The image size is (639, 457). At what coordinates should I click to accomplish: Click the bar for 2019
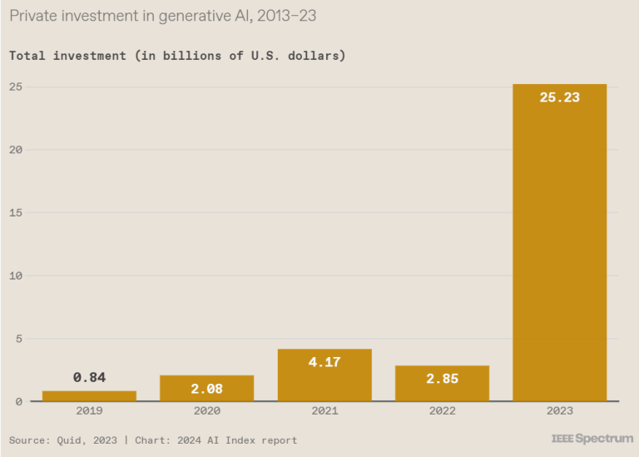coord(89,396)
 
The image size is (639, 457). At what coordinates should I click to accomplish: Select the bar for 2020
coord(206,388)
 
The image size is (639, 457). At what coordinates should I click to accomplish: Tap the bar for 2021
coord(324,375)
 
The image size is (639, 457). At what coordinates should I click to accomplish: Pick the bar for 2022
coord(442,383)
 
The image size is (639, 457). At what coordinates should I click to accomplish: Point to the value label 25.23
coord(559,97)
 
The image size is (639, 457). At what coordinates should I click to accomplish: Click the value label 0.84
coord(89,378)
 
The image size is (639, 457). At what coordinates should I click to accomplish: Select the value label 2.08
coord(206,389)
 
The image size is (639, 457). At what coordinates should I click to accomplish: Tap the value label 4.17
coord(324,362)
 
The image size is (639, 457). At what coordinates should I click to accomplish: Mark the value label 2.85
coord(442,379)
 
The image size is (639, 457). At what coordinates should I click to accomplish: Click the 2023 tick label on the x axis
coord(559,411)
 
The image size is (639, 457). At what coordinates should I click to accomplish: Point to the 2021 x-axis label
coord(324,411)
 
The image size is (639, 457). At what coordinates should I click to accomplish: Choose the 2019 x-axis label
coord(89,411)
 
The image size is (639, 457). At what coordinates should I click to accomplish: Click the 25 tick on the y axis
coord(16,87)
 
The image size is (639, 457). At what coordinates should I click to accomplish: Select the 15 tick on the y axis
coord(16,212)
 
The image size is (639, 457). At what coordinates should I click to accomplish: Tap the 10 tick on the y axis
coord(16,276)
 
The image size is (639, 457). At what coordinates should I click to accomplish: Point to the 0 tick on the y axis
coord(19,401)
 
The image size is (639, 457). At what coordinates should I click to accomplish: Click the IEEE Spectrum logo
coord(592,438)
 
